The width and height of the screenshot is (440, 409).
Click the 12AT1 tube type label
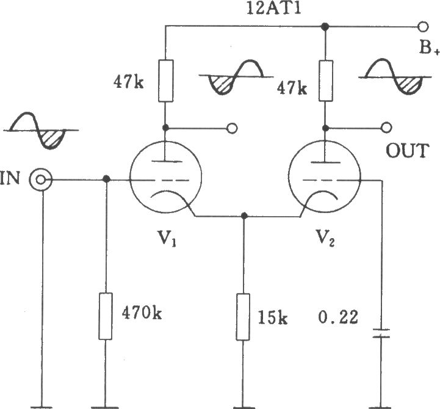point(273,9)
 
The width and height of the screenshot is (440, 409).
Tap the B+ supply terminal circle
point(423,27)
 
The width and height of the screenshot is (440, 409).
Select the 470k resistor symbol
point(106,316)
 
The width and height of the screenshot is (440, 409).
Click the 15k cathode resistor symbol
point(243,317)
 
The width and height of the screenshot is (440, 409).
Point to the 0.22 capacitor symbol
point(381,333)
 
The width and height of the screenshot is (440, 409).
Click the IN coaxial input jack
point(41,180)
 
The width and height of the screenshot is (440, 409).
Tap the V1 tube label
point(167,237)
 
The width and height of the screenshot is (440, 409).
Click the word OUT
point(408,151)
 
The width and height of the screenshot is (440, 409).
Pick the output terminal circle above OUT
point(387,128)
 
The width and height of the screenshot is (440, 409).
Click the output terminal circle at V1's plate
point(232,128)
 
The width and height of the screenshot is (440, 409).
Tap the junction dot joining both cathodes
point(244,215)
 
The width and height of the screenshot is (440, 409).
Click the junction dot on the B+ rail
point(325,27)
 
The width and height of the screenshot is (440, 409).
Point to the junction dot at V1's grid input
point(106,179)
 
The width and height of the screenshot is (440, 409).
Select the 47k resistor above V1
point(165,81)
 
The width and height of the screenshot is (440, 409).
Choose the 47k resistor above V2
point(326,81)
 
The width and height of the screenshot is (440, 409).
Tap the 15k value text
point(272,317)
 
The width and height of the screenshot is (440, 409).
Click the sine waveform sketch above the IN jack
point(41,131)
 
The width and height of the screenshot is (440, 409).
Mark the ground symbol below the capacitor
point(381,407)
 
